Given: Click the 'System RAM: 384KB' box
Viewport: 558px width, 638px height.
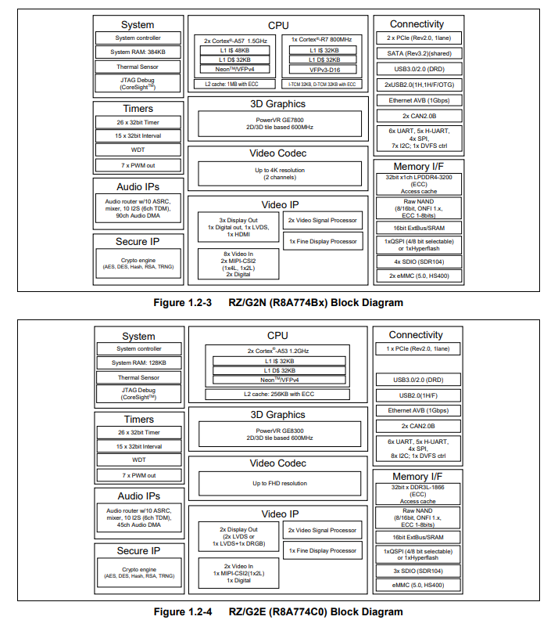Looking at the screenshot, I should tap(138, 52).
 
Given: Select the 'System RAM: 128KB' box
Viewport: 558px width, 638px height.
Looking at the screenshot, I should tap(138, 362).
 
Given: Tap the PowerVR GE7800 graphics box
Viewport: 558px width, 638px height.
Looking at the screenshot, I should tap(279, 123).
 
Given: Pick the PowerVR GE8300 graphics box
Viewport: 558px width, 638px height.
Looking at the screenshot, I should tap(279, 434).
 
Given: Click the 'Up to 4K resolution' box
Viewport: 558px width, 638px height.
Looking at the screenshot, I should tap(279, 173).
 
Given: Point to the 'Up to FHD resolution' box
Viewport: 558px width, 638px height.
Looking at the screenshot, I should tap(279, 483).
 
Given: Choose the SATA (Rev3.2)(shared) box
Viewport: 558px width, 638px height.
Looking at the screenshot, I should tap(418, 53).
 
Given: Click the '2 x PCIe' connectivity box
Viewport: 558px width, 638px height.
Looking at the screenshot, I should tap(418, 38).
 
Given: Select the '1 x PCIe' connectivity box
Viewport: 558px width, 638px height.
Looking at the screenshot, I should tap(418, 348).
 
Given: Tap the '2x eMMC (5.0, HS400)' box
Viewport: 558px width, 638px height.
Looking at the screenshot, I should tap(418, 276).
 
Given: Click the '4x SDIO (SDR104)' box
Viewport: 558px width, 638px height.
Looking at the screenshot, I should tap(418, 261).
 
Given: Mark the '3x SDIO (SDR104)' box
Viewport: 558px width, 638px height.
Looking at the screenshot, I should tap(418, 571).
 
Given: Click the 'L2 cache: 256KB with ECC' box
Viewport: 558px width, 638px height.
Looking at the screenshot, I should tap(279, 394).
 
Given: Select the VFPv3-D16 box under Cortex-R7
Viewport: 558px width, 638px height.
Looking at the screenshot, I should tap(323, 69).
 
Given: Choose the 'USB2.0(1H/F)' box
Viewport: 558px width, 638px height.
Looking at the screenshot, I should tap(418, 395).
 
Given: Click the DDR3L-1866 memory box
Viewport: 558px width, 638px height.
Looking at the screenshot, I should tap(418, 492).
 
